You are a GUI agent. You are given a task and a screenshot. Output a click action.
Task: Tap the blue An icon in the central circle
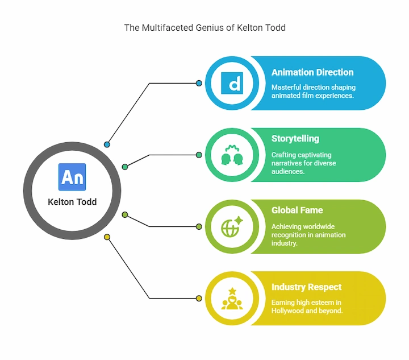(72, 177)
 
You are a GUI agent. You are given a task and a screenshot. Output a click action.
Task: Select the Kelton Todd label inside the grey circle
(72, 201)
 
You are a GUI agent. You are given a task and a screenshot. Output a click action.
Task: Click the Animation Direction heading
(312, 72)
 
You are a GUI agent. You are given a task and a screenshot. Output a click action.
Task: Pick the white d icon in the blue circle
(232, 83)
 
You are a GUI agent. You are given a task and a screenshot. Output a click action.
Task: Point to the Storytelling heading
(295, 138)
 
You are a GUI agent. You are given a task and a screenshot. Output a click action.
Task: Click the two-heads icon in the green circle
(232, 155)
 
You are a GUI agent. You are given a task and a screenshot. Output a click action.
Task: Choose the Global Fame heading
(297, 210)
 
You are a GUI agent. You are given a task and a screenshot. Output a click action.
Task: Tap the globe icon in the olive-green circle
(232, 226)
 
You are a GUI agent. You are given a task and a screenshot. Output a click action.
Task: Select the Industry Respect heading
(307, 287)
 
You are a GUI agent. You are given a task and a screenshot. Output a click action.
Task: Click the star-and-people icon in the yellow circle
(232, 299)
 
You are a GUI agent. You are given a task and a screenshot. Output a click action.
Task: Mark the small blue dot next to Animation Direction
(199, 83)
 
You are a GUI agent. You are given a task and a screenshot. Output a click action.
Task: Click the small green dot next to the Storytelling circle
(199, 155)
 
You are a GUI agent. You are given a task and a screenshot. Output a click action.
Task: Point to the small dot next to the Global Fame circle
(199, 226)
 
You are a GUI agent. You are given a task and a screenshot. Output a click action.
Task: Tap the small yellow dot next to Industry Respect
(199, 298)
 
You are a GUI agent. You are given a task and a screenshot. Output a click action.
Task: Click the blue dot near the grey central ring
(107, 144)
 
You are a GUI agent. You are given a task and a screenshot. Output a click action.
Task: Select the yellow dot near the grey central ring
(107, 237)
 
